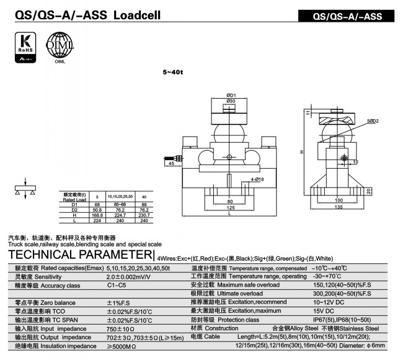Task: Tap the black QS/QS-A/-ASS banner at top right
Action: [x=349, y=16]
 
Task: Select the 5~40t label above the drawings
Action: [x=173, y=72]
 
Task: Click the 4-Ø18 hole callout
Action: [x=257, y=179]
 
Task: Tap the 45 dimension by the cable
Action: [x=171, y=164]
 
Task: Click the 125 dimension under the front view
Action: [x=229, y=208]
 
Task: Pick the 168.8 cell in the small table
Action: [x=97, y=215]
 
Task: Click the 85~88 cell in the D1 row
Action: [x=120, y=204]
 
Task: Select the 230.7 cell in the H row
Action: [x=144, y=215]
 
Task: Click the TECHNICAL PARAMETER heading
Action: [x=80, y=254]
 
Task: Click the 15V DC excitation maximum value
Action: [x=324, y=310]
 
